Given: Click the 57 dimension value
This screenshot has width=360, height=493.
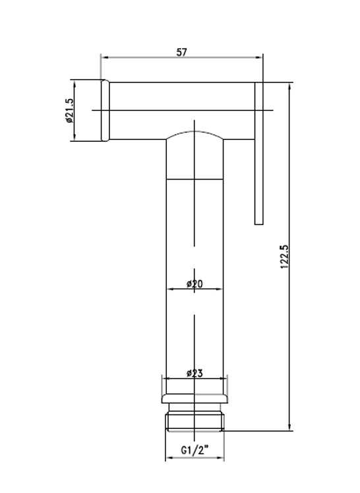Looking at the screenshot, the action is [181, 52].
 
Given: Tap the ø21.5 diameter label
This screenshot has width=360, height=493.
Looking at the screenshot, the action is [69, 111].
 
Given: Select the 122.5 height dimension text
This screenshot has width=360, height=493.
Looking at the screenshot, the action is [284, 257].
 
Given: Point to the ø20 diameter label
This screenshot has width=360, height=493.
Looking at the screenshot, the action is [195, 284].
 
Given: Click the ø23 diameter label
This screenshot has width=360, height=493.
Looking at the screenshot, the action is [195, 373].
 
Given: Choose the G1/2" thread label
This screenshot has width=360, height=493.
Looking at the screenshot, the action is [195, 450].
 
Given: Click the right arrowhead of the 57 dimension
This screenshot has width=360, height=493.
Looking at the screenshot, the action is [259, 57].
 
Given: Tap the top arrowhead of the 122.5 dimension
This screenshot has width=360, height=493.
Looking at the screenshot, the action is [289, 86].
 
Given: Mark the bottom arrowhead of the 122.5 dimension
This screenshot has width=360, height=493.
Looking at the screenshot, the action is [289, 426].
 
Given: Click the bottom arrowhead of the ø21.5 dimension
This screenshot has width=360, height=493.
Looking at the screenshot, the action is [75, 137].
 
